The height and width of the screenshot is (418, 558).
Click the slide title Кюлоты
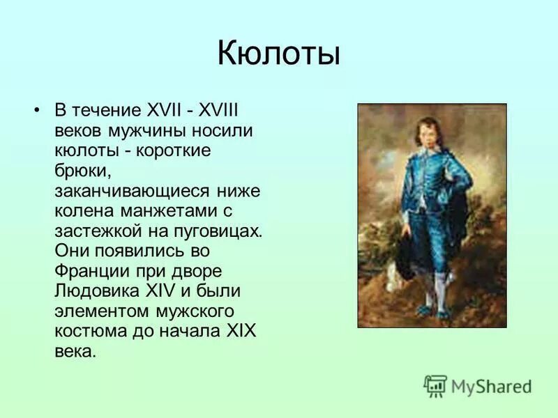(x=278, y=54)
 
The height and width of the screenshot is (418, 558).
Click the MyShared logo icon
(x=435, y=385)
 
